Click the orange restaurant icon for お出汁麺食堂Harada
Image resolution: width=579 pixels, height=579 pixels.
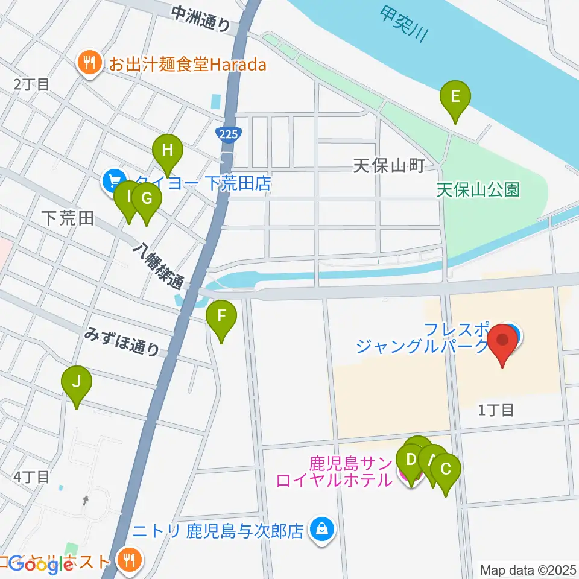coord(90,64)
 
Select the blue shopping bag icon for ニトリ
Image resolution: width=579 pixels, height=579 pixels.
coord(322,531)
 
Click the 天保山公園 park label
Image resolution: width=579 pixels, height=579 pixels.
coord(478,190)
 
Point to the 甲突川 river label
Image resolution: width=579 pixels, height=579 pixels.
coord(404,24)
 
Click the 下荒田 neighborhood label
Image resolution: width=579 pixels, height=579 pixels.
coord(68,218)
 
